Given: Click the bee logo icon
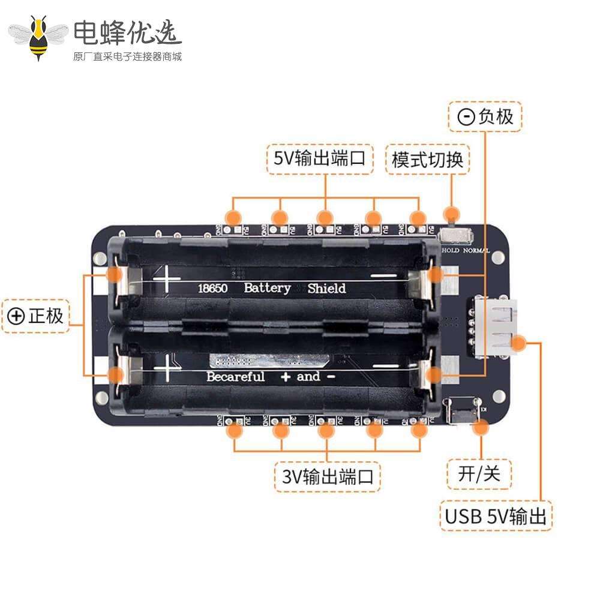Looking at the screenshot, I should [x=39, y=37].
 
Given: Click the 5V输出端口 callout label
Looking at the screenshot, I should [x=320, y=159].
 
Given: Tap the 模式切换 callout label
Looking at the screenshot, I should [x=427, y=160].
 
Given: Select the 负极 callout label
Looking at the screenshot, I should [x=485, y=116].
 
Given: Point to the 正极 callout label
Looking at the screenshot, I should [x=35, y=316].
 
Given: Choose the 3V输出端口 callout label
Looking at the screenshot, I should [x=328, y=476].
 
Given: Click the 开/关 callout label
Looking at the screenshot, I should [x=479, y=474].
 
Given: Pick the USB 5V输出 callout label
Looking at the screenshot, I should [x=496, y=516].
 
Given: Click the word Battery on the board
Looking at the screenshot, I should [x=267, y=288].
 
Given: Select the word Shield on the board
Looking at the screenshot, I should [x=326, y=289].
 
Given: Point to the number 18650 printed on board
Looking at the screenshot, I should [x=212, y=289].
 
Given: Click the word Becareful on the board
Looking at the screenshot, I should [x=235, y=377].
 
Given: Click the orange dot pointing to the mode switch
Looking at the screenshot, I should [x=452, y=214].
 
